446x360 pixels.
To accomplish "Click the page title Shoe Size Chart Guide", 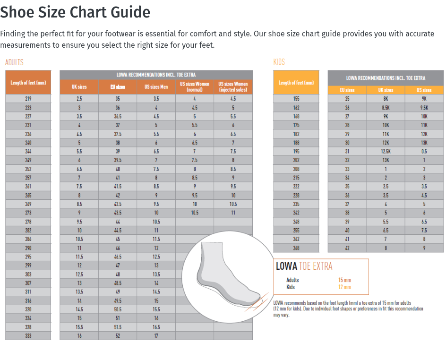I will (x=75, y=12).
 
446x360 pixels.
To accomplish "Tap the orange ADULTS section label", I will (x=14, y=62).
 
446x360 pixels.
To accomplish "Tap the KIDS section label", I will (x=279, y=62).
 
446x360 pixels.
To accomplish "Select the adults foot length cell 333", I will (x=28, y=336).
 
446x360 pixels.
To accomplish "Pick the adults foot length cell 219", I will (x=28, y=99).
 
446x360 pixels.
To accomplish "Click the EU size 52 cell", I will (x=118, y=336).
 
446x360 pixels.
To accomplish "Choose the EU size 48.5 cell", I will (x=118, y=283).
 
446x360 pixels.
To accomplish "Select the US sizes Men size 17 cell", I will (x=156, y=336).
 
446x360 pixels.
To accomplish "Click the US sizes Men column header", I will (x=156, y=87).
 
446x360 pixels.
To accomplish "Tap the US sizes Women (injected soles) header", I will (x=233, y=87).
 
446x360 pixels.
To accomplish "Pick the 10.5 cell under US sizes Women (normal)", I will (x=194, y=213).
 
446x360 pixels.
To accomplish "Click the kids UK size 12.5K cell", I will (x=386, y=152).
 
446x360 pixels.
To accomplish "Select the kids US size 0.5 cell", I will (x=424, y=152).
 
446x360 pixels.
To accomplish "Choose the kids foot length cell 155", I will (x=296, y=99).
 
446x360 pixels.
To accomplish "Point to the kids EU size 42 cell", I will (x=347, y=248).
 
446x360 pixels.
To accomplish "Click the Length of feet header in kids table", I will (x=296, y=83).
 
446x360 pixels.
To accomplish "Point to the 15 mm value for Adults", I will (x=344, y=280).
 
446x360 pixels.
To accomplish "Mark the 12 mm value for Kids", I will (x=344, y=287).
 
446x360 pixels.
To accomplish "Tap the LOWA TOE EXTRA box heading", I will (x=304, y=266).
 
